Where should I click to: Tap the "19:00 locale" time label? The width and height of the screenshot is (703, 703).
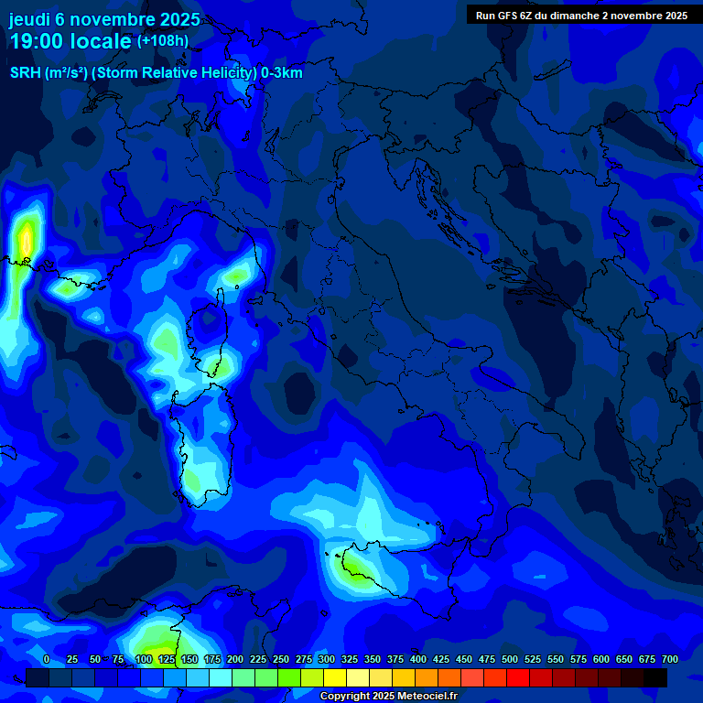click(70, 41)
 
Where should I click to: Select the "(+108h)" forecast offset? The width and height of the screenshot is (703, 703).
click(163, 41)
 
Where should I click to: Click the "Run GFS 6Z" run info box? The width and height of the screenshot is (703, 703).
click(581, 16)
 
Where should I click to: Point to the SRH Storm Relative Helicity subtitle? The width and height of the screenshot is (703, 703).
click(156, 73)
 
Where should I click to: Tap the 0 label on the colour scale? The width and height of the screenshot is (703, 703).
click(47, 660)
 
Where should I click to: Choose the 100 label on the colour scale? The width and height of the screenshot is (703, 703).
click(144, 660)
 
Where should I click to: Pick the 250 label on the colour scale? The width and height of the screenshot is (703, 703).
click(281, 660)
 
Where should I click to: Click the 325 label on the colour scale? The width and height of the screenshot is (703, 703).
click(350, 660)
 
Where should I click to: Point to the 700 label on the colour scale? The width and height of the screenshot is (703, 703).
click(670, 660)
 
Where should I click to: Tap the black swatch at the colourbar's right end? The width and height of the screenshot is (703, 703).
click(655, 677)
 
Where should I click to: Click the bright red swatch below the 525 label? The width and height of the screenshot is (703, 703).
click(518, 677)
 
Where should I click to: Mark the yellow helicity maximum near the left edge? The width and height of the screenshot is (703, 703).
click(26, 241)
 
